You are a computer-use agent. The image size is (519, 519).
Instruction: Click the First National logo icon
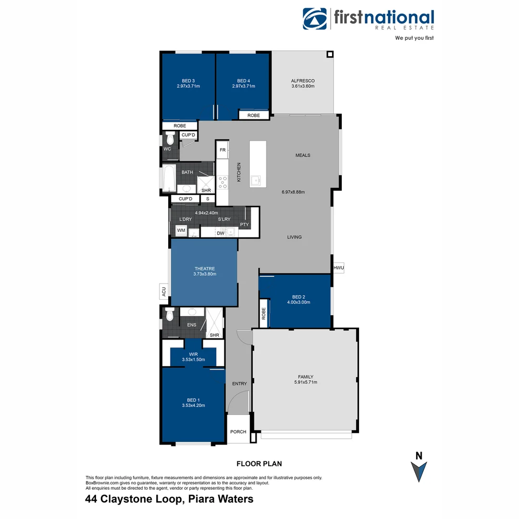pos(315,19)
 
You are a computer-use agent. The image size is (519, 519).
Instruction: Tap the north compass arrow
pos(419,471)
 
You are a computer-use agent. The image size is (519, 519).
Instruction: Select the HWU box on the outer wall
pos(338,268)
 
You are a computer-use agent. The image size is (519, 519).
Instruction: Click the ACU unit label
pos(163,291)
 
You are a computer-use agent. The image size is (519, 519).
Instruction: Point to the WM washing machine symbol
pos(181,231)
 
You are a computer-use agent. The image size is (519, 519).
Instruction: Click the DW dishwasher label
pos(221,233)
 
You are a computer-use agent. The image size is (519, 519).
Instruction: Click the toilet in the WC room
pos(170,138)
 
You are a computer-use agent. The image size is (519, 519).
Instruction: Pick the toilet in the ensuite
pos(169,314)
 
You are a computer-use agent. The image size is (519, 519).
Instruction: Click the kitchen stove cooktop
pos(222,183)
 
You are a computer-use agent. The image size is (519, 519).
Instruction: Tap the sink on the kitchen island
pos(256,181)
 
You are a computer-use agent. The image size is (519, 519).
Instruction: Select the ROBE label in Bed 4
pos(253,115)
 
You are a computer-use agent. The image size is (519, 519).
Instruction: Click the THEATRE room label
pos(205,269)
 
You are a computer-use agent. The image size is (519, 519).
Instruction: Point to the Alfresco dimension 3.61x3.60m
pos(302,86)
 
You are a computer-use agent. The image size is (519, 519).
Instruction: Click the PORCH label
pos(238,432)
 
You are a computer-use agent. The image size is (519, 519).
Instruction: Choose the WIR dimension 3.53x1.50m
pos(193,359)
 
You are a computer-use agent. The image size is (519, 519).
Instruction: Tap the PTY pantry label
pos(244,224)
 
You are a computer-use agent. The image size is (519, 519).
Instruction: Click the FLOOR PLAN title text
pos(259,464)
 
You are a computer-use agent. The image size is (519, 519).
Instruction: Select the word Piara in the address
pos(203,499)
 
